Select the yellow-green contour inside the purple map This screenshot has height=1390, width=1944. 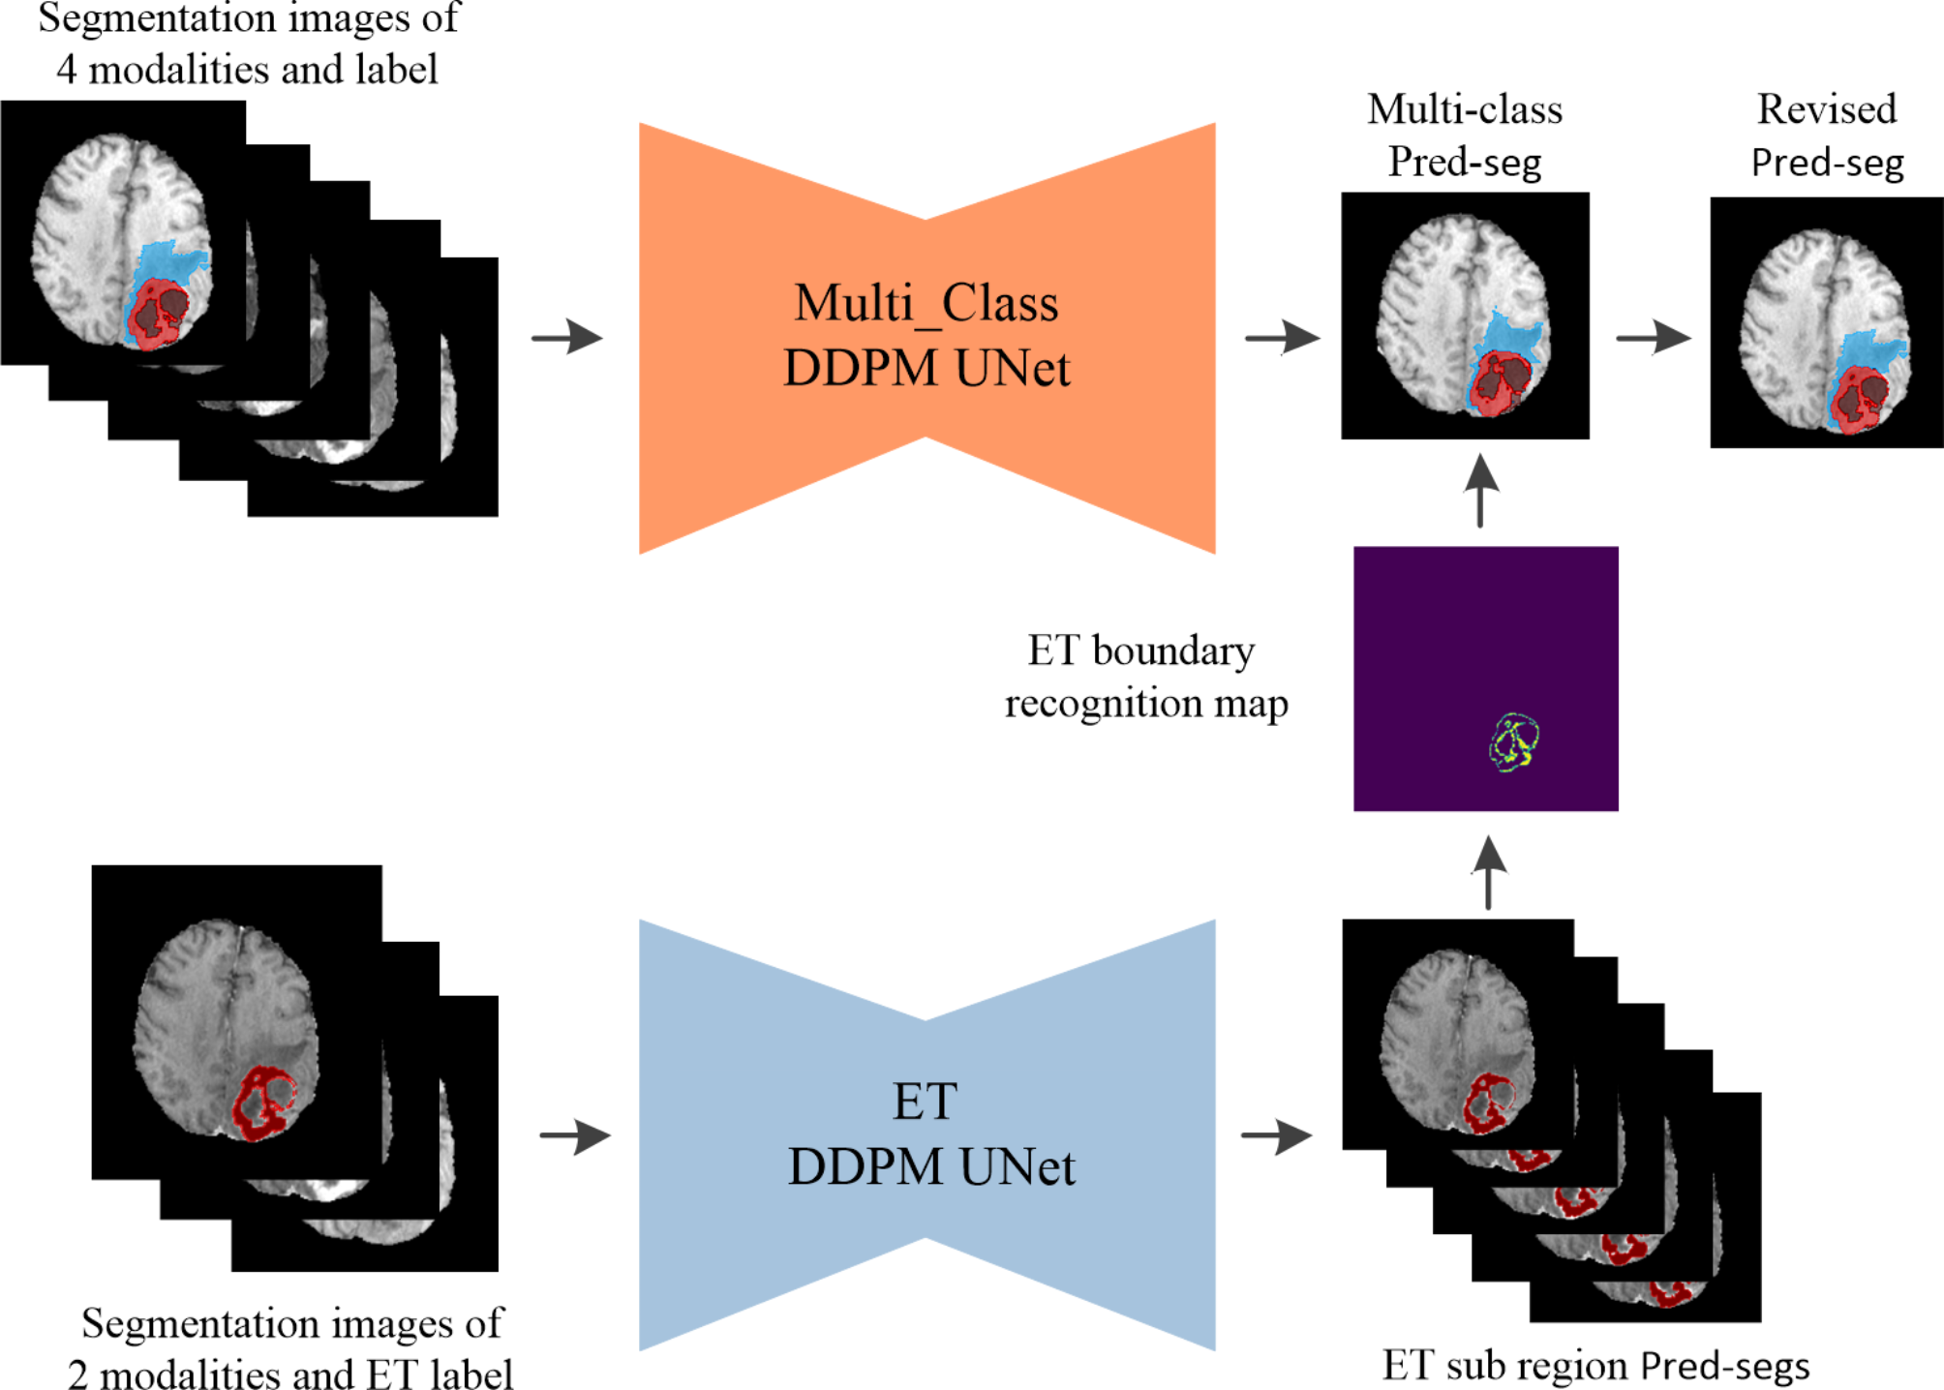(x=1513, y=743)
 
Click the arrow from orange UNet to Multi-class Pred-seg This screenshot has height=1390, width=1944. (x=1282, y=338)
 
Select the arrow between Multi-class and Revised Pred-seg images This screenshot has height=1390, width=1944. (x=1653, y=338)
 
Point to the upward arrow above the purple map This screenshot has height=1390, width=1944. (x=1480, y=491)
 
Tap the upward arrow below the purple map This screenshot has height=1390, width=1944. (x=1488, y=872)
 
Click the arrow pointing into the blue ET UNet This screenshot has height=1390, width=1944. (x=575, y=1135)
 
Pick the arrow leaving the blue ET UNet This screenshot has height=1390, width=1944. (x=1276, y=1135)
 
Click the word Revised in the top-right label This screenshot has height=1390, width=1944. (x=1826, y=109)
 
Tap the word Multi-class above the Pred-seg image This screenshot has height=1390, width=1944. (x=1464, y=109)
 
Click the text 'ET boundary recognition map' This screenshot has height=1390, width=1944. (x=1144, y=677)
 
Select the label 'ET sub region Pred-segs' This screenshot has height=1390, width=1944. (x=1595, y=1365)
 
